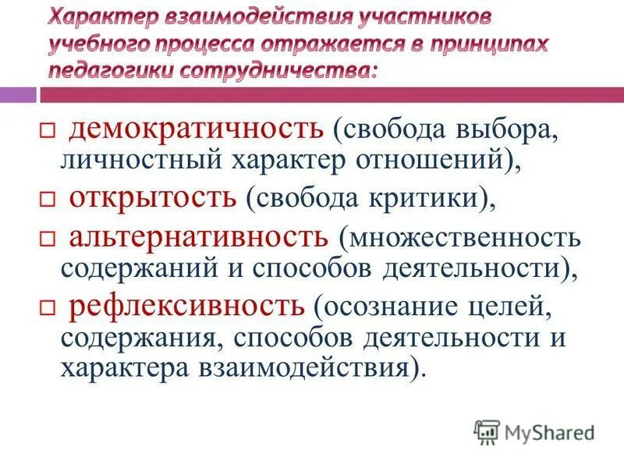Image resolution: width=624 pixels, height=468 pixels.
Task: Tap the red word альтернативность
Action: (x=199, y=236)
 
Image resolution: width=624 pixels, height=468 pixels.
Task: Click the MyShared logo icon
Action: (x=487, y=431)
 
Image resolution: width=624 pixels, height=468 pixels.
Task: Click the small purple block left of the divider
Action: (x=17, y=95)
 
